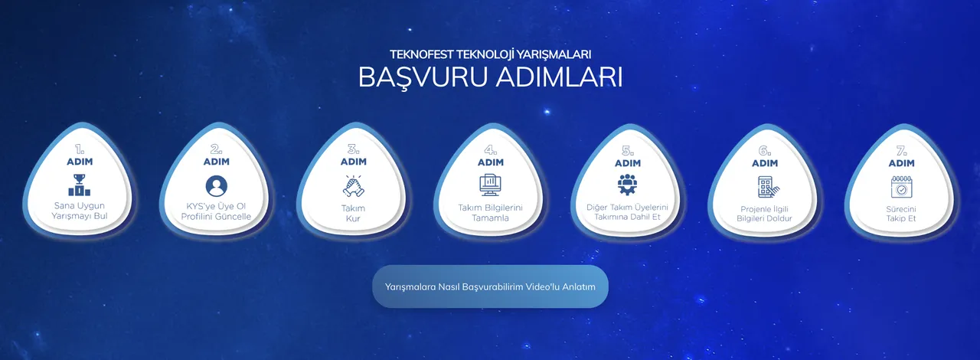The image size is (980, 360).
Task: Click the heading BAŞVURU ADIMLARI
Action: pyautogui.click(x=490, y=78)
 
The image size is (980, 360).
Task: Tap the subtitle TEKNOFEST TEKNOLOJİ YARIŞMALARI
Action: pyautogui.click(x=490, y=54)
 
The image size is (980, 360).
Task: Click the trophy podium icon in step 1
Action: pyautogui.click(x=80, y=185)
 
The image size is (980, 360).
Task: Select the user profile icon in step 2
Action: pyautogui.click(x=217, y=186)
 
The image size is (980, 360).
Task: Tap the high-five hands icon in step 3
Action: pyautogui.click(x=353, y=185)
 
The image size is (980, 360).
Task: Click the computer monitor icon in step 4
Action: pyautogui.click(x=490, y=185)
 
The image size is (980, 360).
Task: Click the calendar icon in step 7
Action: pyautogui.click(x=901, y=186)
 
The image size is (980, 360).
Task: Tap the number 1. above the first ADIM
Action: pyautogui.click(x=80, y=149)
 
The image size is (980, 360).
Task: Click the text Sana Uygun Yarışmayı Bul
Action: pyautogui.click(x=80, y=211)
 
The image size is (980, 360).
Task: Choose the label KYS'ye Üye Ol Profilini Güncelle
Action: pyautogui.click(x=217, y=211)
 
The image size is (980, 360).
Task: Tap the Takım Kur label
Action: pyautogui.click(x=353, y=213)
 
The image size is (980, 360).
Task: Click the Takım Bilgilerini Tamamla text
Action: pyautogui.click(x=490, y=213)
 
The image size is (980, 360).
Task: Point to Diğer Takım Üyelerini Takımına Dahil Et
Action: pyautogui.click(x=627, y=212)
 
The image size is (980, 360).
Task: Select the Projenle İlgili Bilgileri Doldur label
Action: pyautogui.click(x=764, y=214)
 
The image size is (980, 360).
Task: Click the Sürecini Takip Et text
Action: pyautogui.click(x=901, y=213)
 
